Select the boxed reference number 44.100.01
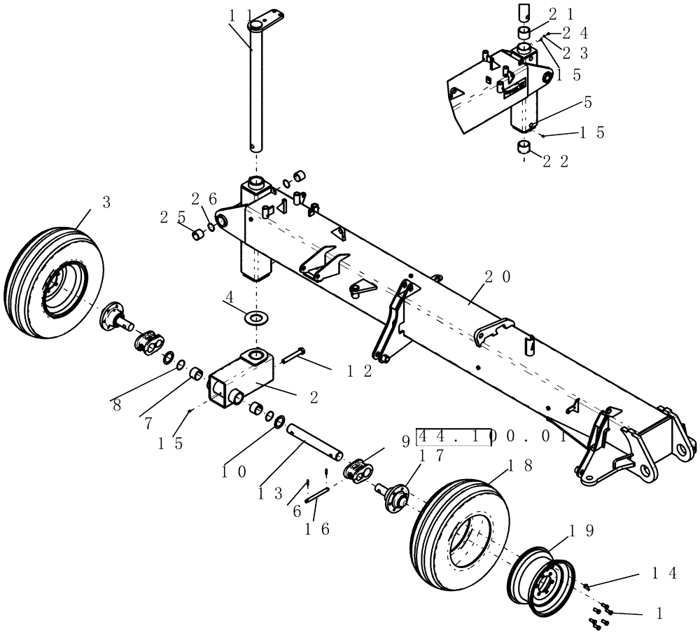491,438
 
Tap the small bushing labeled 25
198,233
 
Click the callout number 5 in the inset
587,102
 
